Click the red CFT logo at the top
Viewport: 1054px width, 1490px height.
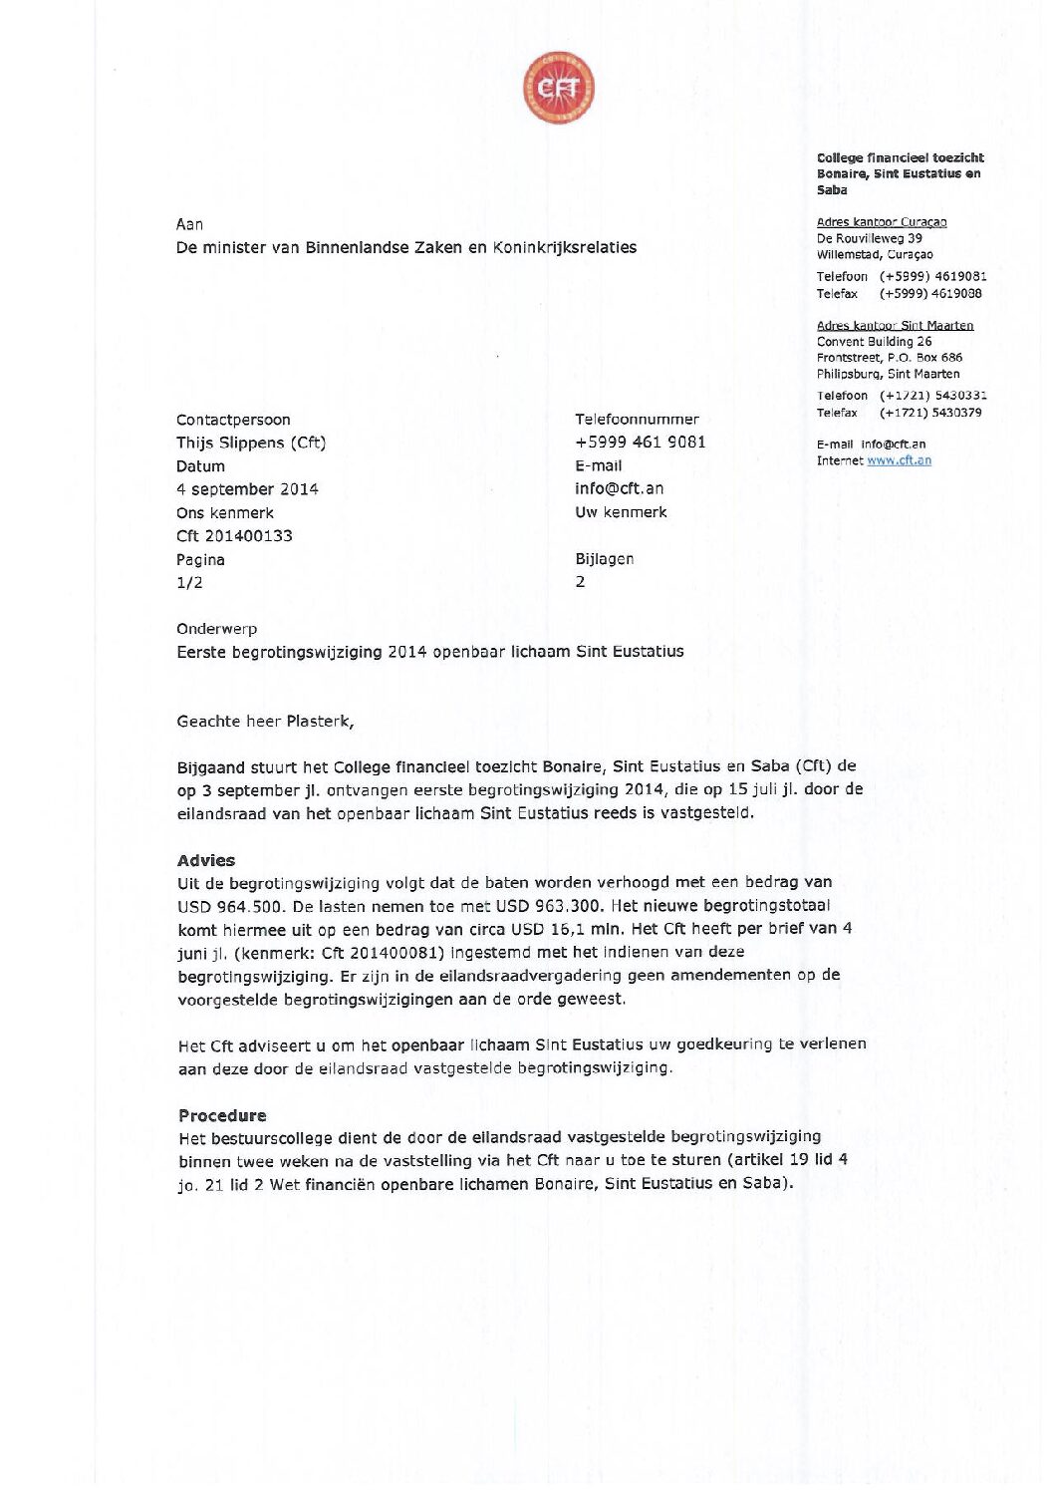point(559,89)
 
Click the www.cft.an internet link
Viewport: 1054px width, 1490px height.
point(899,460)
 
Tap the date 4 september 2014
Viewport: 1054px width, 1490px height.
point(247,489)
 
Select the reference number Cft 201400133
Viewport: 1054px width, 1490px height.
point(234,536)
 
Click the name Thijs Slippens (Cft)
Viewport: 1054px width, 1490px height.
point(251,443)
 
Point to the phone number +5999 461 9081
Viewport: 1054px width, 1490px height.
point(640,442)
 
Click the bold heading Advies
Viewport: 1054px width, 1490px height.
point(206,860)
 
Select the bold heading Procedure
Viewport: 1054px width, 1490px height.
point(222,1115)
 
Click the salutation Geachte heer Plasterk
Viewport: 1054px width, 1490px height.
point(265,722)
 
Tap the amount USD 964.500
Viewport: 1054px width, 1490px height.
point(230,906)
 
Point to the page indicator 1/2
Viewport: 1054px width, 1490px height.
point(189,583)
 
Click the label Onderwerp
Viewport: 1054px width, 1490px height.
point(217,629)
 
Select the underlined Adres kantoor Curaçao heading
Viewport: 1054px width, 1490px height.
point(882,222)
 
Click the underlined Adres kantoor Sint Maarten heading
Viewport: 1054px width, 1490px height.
point(895,325)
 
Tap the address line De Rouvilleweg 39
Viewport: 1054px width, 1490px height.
point(869,238)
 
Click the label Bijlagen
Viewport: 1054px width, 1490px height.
point(604,559)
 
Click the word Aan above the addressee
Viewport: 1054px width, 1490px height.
point(189,224)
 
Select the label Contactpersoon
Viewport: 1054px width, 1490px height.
point(233,420)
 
